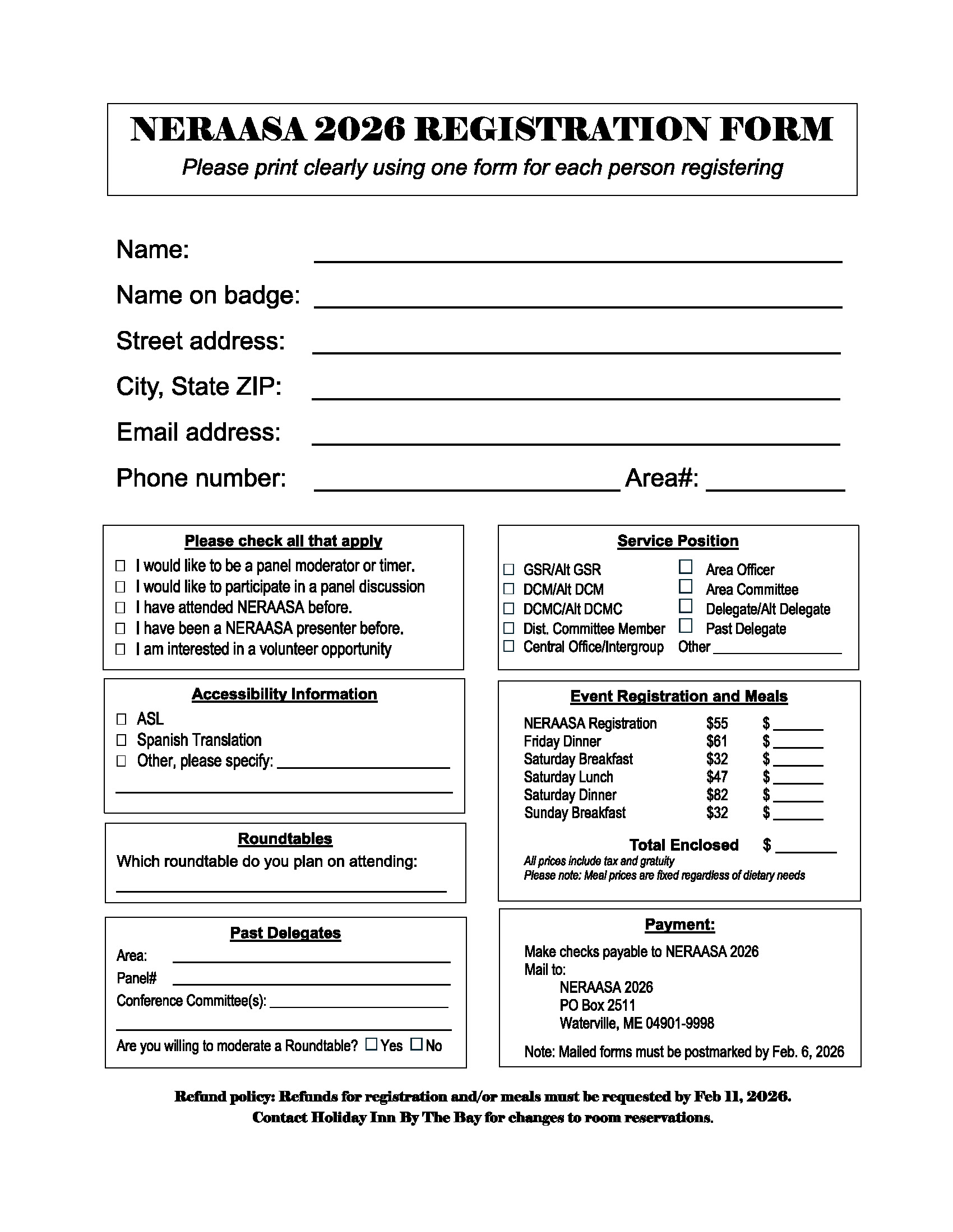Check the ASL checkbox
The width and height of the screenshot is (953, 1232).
coord(121,718)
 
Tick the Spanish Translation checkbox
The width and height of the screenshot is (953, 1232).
coord(121,740)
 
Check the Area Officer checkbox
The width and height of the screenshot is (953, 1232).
coord(686,566)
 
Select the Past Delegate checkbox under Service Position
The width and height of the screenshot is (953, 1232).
coord(686,626)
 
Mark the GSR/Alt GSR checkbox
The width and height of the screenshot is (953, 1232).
coord(508,569)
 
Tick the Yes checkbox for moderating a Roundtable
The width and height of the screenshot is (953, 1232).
coord(371,1044)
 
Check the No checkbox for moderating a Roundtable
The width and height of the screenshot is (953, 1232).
coord(416,1044)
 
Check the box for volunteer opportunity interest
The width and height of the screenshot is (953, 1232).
coord(121,649)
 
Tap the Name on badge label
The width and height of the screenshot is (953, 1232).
coord(208,295)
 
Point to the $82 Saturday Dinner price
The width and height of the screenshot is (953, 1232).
coord(717,795)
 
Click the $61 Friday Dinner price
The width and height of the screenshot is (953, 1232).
coord(717,741)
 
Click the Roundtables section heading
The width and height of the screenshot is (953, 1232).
coord(285,839)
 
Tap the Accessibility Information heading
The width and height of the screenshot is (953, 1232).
coord(285,694)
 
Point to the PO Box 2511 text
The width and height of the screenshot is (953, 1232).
coord(598,1005)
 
